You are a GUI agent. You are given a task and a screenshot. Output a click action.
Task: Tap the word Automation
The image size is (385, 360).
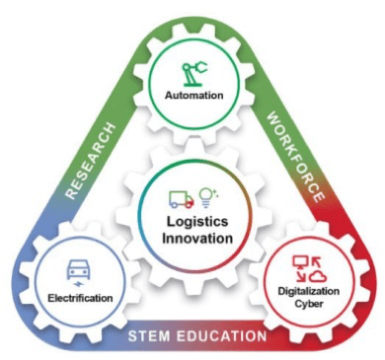click(x=194, y=97)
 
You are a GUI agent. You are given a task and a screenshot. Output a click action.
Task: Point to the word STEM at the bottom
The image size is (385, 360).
click(x=151, y=336)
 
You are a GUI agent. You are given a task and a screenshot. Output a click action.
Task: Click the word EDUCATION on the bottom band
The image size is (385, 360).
click(x=221, y=336)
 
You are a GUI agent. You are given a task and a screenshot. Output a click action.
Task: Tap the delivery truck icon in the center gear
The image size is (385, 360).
click(x=179, y=198)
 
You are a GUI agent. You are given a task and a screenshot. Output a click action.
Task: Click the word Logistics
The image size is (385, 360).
click(x=193, y=221)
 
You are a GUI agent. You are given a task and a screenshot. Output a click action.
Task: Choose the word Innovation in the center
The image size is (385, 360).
click(x=193, y=238)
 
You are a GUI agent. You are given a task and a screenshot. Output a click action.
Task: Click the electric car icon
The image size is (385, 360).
click(x=78, y=270)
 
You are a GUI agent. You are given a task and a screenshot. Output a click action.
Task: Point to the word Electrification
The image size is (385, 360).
click(x=77, y=297)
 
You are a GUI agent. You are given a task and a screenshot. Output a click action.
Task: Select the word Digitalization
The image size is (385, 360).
click(x=311, y=292)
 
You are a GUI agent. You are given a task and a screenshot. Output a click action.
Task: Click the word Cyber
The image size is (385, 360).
click(x=312, y=305)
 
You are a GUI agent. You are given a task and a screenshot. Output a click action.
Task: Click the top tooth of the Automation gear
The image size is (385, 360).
click(x=193, y=27)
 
